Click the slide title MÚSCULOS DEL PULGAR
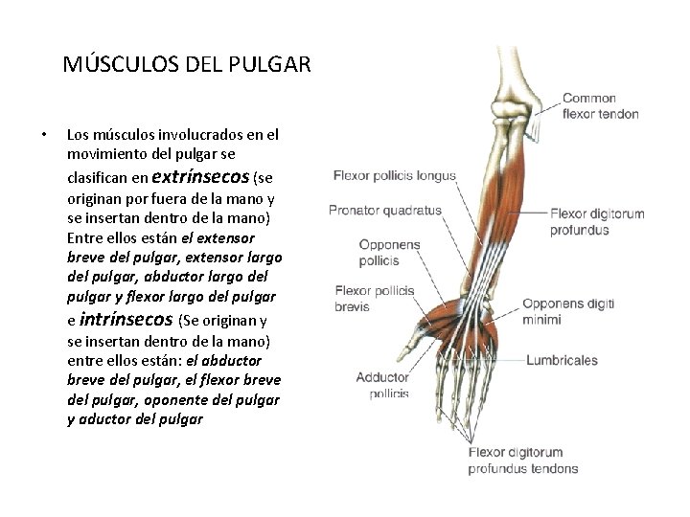pos(187,65)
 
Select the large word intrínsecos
pos(126,319)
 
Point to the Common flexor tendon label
pos(601,106)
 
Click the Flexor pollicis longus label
pos(394,176)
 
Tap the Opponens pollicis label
pos(389,253)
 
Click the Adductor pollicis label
pos(382,385)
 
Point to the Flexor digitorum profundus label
pos(597,221)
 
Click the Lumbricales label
pos(561,361)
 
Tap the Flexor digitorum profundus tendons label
pos(522,461)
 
